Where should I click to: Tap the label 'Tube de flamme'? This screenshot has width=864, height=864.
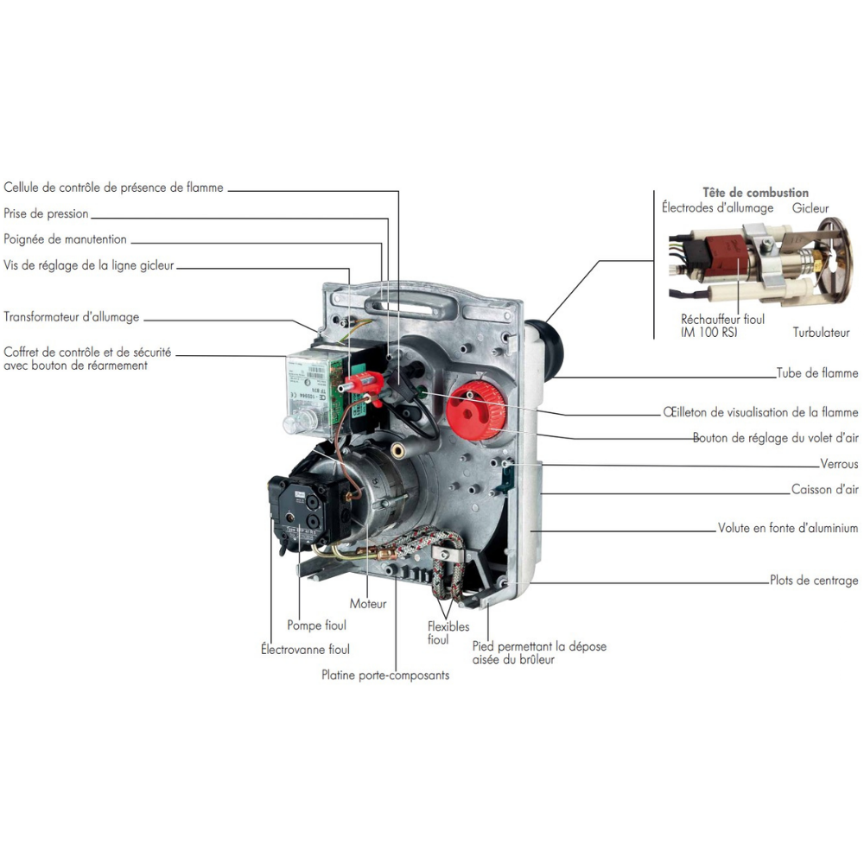(x=817, y=373)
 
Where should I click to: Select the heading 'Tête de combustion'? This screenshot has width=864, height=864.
(x=755, y=193)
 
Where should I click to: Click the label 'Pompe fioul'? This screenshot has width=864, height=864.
(x=316, y=625)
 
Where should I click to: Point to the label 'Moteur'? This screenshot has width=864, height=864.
(x=368, y=603)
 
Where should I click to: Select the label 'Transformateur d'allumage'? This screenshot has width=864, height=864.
(x=72, y=317)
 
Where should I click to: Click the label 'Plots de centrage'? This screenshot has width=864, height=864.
(x=814, y=581)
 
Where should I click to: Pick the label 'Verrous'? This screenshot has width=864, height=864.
(x=839, y=464)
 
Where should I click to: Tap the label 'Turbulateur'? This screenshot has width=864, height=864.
(x=821, y=333)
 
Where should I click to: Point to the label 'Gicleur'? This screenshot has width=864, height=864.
(x=810, y=208)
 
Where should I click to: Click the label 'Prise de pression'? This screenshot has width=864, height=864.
(x=46, y=213)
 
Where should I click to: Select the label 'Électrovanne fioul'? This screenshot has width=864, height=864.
(x=305, y=649)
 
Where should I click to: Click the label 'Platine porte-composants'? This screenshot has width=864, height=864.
(x=385, y=675)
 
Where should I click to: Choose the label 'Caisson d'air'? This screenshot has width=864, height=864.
(x=825, y=489)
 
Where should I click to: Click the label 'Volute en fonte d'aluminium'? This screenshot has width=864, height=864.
(x=788, y=528)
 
